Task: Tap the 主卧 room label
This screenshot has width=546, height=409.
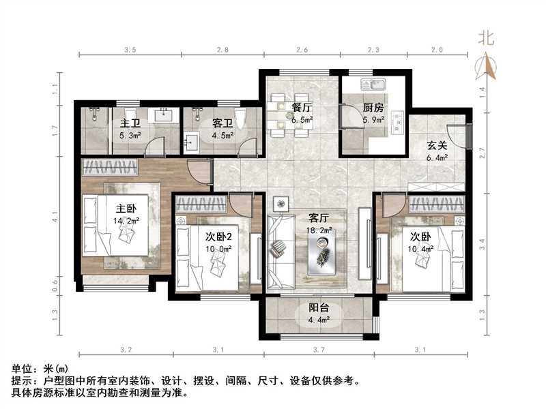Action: click(125, 209)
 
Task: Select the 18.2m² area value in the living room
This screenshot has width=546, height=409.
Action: click(319, 231)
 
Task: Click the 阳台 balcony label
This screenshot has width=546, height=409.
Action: click(317, 307)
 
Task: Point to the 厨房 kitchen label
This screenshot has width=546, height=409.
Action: click(373, 108)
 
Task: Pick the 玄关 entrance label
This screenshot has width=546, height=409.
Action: click(437, 146)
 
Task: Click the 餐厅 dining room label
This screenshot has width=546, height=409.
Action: click(302, 108)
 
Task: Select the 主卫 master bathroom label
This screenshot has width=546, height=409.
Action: click(130, 123)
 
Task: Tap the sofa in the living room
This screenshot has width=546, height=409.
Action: click(278, 253)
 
